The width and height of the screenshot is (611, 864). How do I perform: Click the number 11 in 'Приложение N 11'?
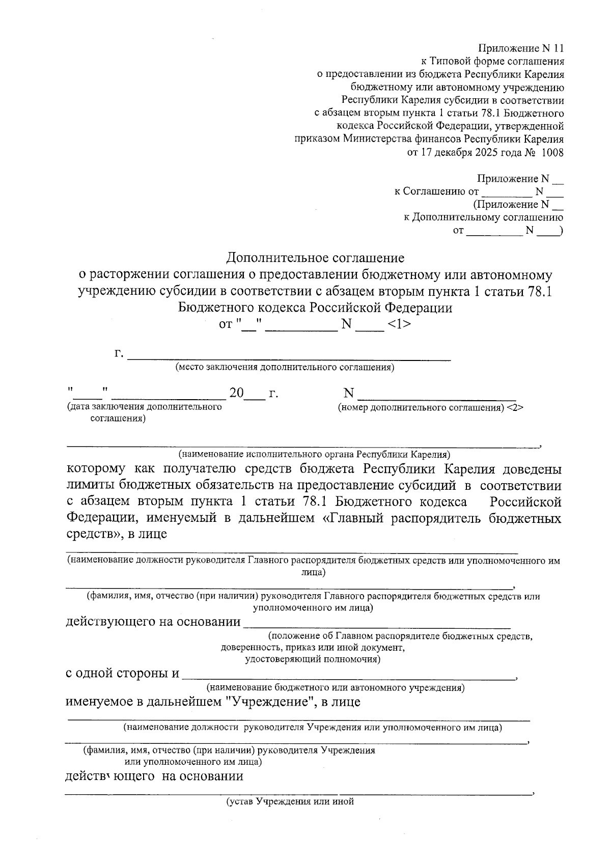pos(558,49)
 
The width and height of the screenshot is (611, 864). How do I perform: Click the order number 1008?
pos(553,152)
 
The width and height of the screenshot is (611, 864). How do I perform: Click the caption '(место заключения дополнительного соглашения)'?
pos(285,368)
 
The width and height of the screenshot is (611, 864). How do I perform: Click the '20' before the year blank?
pos(237,394)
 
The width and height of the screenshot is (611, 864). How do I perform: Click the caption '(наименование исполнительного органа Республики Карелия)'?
pos(314,454)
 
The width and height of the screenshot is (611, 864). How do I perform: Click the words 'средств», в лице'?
pos(117,535)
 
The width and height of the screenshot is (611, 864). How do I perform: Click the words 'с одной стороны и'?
pos(122,674)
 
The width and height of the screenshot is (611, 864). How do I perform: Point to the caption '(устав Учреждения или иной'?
pos(290,801)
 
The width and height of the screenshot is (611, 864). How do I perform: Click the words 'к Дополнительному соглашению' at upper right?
pos(483,217)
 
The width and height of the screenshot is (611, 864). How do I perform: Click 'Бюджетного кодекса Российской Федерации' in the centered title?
pos(315,308)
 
